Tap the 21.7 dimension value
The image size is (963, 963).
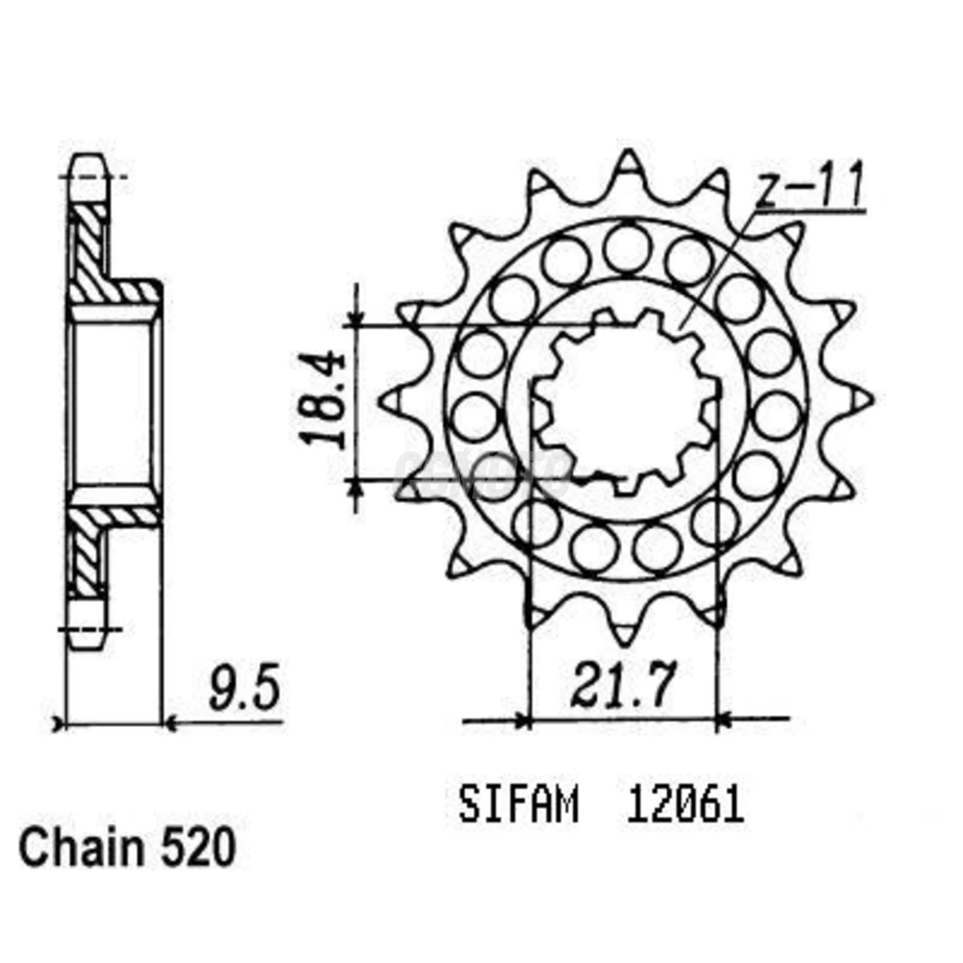click(623, 686)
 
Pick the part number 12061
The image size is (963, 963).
click(684, 805)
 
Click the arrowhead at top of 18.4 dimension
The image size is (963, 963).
click(356, 317)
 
